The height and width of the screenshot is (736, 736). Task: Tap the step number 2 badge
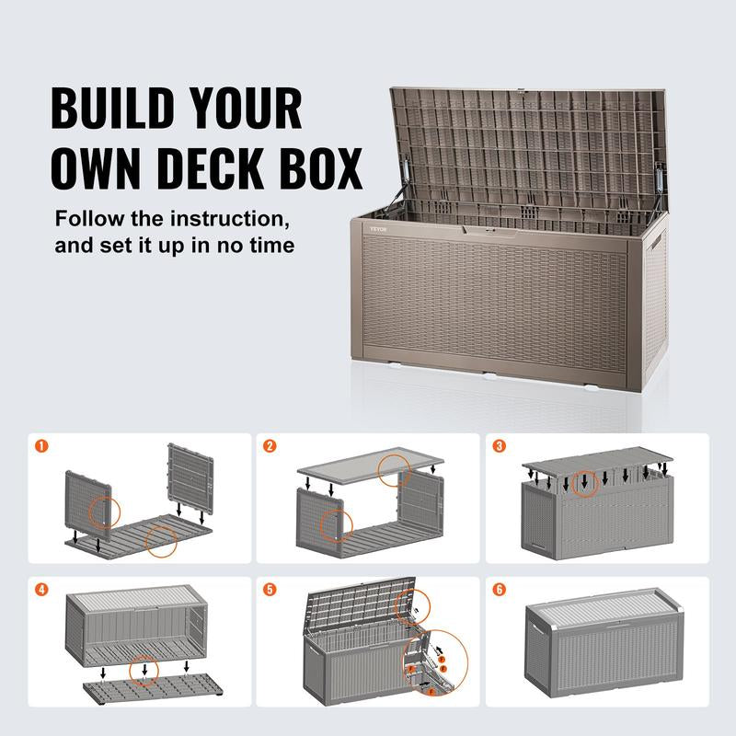(270, 447)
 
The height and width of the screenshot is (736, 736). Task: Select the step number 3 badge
(499, 447)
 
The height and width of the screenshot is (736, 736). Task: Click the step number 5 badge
(270, 590)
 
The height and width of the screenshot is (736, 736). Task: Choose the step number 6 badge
(499, 590)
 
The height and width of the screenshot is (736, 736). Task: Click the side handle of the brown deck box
(660, 248)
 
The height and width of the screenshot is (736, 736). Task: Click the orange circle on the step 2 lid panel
(396, 469)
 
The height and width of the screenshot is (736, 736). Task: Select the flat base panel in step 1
(138, 534)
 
